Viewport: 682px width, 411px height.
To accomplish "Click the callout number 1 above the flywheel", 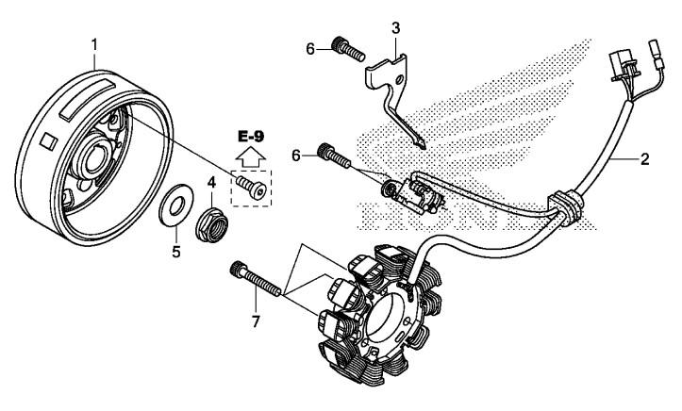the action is coord(94,44).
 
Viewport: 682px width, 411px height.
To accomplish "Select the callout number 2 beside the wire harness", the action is coord(644,159).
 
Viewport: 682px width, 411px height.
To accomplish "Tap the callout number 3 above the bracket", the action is coord(395,28).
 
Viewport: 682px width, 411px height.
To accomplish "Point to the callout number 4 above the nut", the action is coord(211,183).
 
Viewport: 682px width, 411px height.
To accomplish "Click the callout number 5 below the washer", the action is coord(176,252).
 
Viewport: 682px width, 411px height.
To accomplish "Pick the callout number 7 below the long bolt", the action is coord(256,322).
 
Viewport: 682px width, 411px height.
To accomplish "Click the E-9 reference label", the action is coord(251,137).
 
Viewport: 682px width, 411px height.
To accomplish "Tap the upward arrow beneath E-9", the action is coord(251,156).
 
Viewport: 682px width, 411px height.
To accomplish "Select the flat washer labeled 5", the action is coord(175,205).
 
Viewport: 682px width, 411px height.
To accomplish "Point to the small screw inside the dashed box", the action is coord(252,187).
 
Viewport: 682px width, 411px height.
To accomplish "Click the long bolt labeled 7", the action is coord(256,279).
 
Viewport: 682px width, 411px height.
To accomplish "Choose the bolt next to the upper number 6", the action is coord(348,50).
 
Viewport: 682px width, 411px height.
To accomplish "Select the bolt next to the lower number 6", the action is coord(335,156).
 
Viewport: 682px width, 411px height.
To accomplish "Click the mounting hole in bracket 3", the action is coord(397,79).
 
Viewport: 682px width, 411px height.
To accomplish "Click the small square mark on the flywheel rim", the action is coord(49,141).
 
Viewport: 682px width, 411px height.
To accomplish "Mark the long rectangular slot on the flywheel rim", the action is coord(89,100).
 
